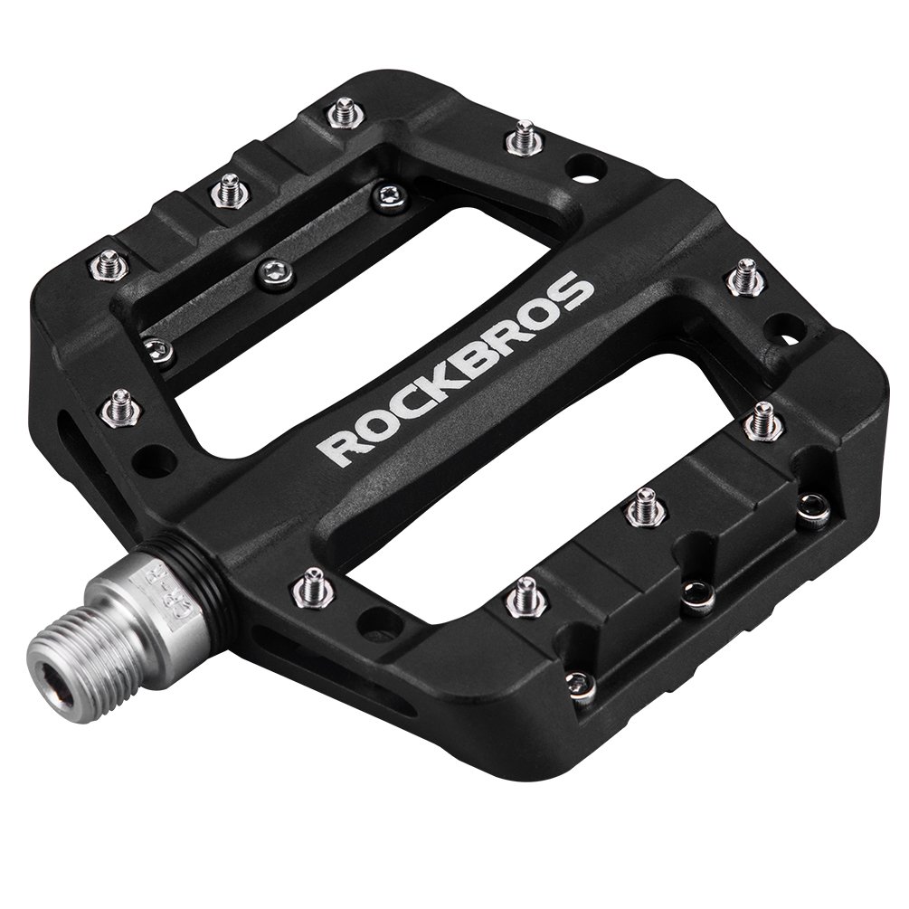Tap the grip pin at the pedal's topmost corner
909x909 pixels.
[x=343, y=112]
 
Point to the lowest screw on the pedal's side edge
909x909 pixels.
[x=581, y=686]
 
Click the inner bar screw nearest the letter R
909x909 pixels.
[x=159, y=350]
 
